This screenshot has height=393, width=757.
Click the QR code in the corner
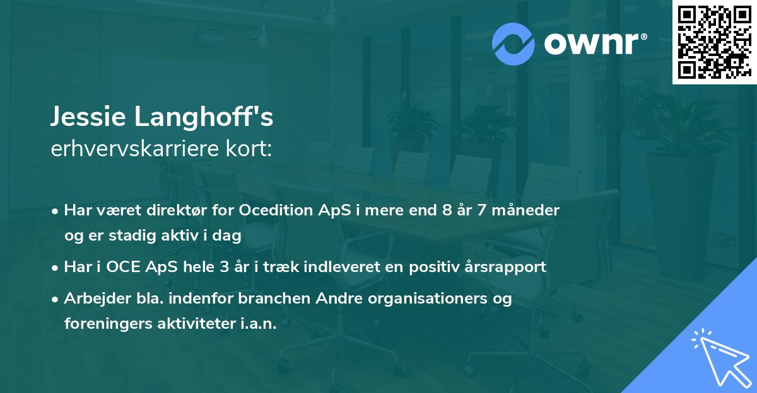pos(713,42)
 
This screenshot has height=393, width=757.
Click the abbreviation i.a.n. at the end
pos(257,324)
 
